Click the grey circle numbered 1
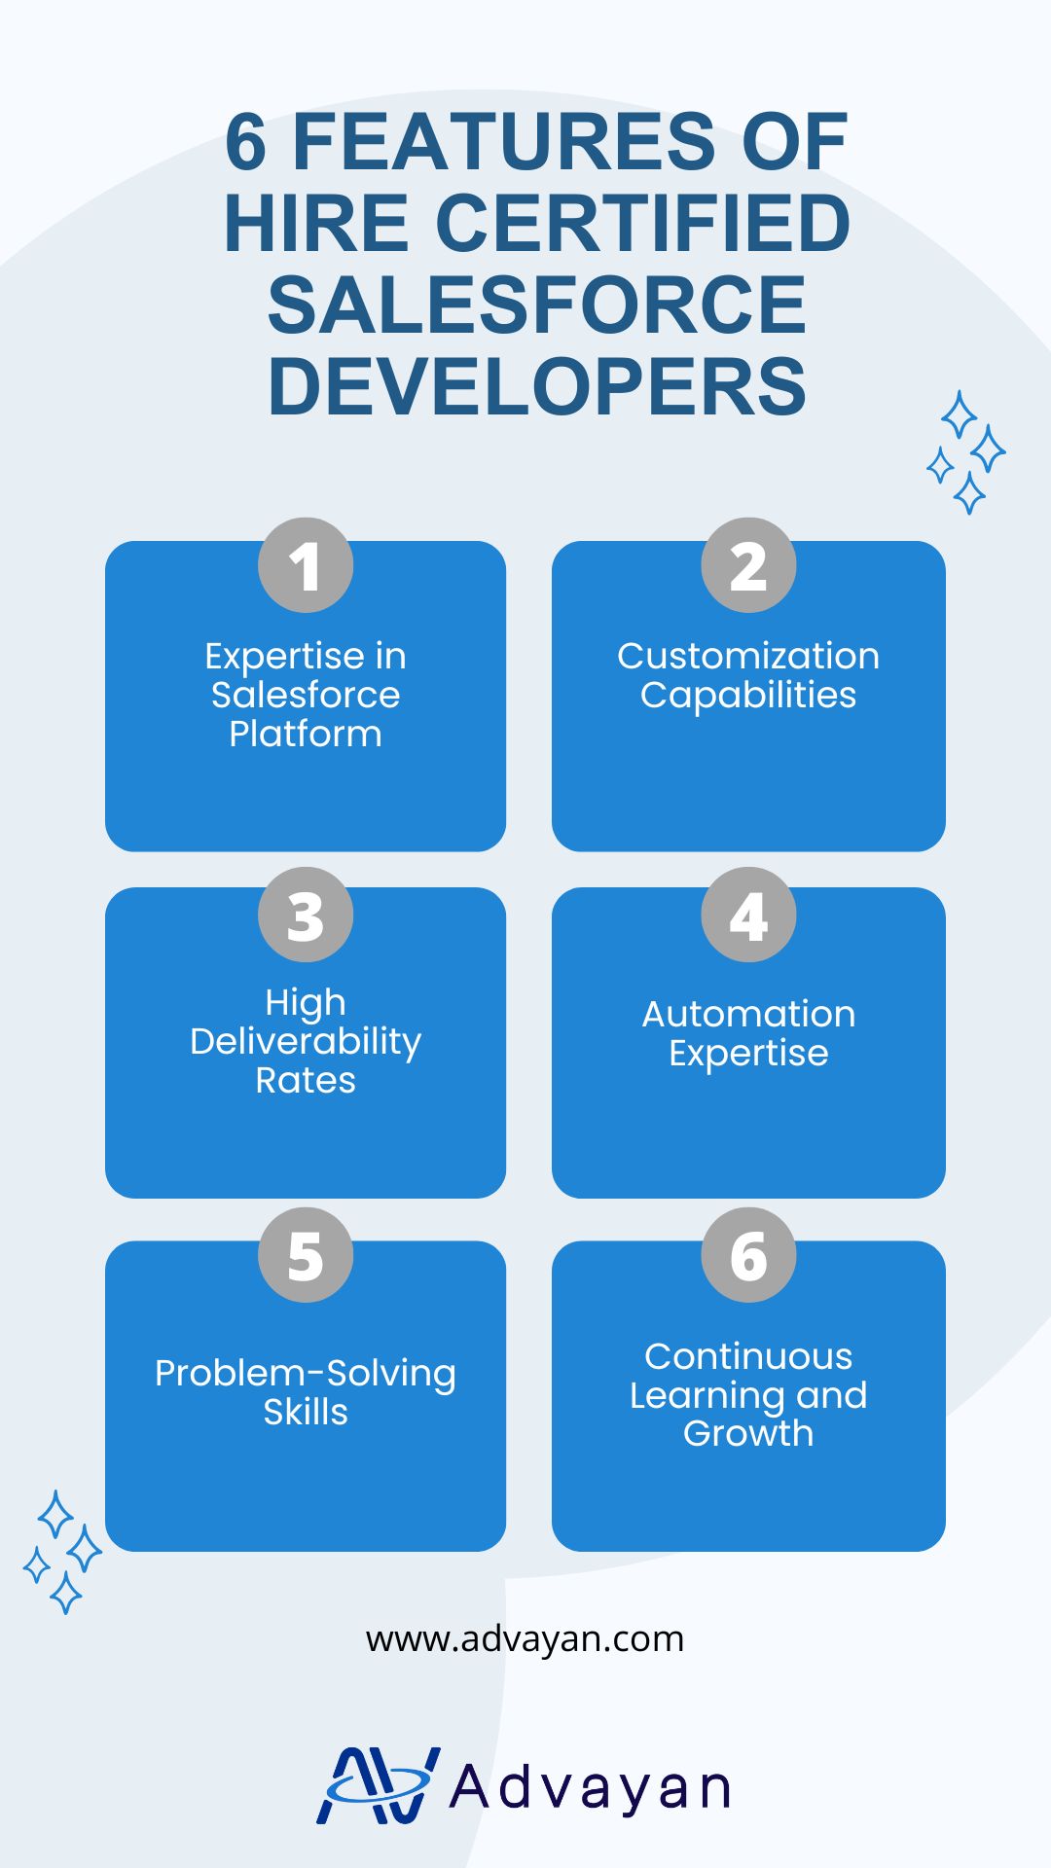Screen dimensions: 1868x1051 [306, 565]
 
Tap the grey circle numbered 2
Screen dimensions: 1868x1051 [748, 565]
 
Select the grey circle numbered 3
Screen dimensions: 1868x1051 [306, 915]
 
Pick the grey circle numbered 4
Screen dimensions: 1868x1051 [748, 915]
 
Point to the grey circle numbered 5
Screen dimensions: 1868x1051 [306, 1255]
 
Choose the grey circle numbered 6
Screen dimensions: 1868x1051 [748, 1255]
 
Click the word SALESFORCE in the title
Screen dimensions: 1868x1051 [537, 305]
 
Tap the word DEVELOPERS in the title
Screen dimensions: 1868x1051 [537, 387]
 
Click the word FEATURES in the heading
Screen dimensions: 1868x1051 [504, 142]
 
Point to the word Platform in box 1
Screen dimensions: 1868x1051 [306, 735]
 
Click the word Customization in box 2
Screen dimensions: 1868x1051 [748, 656]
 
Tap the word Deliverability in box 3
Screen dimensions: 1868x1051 [306, 1042]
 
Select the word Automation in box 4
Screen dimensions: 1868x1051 [748, 1014]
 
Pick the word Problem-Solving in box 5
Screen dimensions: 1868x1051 [306, 1374]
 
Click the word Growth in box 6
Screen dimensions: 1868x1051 [748, 1434]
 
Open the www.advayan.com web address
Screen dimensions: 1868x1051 [525, 1639]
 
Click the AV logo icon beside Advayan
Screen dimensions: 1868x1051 [378, 1786]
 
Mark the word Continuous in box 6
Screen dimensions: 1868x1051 [748, 1356]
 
